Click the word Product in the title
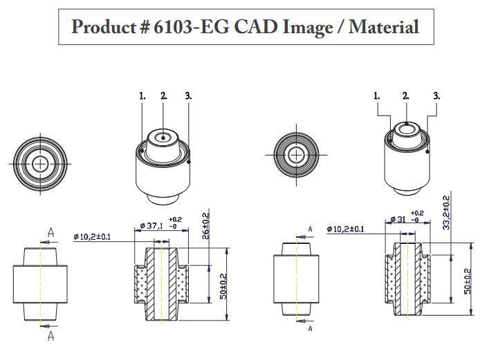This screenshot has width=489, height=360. [103, 27]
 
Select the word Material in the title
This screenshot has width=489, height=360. [384, 27]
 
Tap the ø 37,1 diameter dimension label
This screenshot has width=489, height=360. [151, 225]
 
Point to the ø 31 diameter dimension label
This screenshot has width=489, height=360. [398, 219]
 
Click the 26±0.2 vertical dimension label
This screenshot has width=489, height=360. [205, 226]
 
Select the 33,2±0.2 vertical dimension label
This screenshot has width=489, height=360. [446, 212]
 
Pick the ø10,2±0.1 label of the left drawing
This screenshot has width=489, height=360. [92, 237]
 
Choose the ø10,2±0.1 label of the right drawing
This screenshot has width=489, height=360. [345, 229]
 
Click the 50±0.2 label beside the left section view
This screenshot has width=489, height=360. [223, 286]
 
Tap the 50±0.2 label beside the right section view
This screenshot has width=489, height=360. [468, 281]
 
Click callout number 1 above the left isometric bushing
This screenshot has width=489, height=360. [142, 96]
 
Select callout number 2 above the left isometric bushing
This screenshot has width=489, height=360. [164, 96]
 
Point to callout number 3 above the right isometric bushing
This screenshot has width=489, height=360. [436, 95]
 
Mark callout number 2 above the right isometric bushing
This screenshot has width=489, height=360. [405, 95]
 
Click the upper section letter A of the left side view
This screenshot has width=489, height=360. [50, 233]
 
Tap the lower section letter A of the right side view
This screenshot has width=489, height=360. [310, 328]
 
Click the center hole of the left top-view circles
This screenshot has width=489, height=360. [40, 164]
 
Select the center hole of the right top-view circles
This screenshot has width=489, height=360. [296, 155]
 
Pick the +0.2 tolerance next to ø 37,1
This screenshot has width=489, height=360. [175, 220]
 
